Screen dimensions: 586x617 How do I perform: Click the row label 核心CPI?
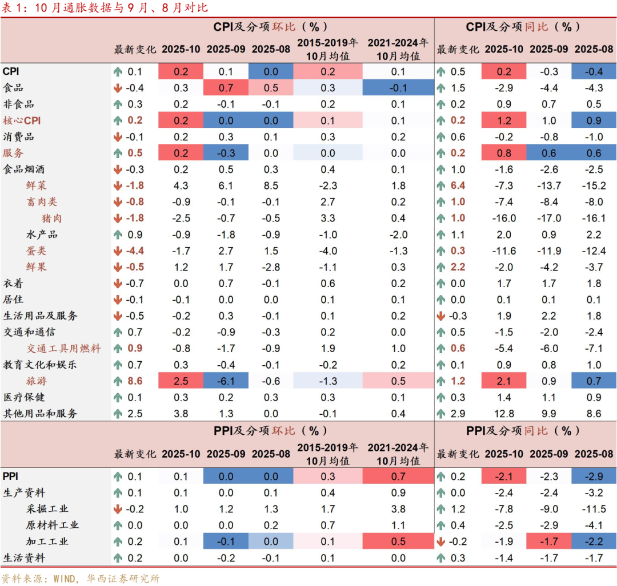[22, 120]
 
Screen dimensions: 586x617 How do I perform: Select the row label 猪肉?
[52, 218]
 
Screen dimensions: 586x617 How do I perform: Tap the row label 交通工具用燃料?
[64, 348]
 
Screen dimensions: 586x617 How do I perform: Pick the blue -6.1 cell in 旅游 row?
[226, 381]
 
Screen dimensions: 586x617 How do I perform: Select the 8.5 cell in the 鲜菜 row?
[271, 185]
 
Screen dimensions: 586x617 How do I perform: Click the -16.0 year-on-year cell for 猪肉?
[504, 218]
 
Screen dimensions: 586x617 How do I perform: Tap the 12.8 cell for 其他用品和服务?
[504, 414]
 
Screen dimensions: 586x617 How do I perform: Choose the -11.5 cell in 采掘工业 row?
[594, 509]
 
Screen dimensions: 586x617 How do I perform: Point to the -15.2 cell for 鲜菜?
[594, 185]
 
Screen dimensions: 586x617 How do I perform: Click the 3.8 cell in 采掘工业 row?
[398, 509]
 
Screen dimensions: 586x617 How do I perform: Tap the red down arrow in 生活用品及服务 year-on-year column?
[441, 316]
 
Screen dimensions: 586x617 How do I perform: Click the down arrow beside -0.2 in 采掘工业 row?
[118, 509]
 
